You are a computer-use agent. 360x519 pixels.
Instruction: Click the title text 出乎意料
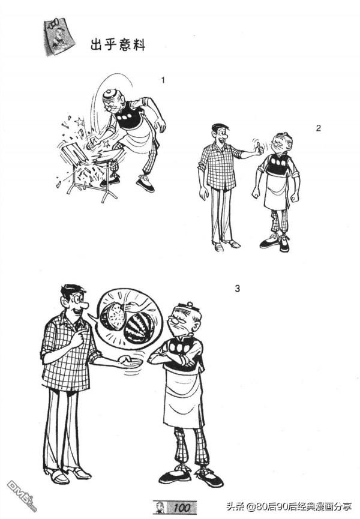pyautogui.click(x=118, y=44)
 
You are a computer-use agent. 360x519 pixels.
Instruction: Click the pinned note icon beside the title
pyautogui.click(x=59, y=37)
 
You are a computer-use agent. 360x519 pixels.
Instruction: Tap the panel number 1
pyautogui.click(x=163, y=80)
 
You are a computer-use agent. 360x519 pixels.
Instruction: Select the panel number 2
pyautogui.click(x=319, y=128)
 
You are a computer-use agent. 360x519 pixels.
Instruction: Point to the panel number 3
pyautogui.click(x=237, y=289)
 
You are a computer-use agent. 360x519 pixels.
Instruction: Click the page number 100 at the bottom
pyautogui.click(x=182, y=508)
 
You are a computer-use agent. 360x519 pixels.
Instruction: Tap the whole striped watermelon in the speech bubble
pyautogui.click(x=140, y=328)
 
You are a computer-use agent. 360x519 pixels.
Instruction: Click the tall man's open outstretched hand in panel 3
pyautogui.click(x=130, y=362)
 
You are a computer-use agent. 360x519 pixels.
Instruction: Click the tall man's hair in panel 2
pyautogui.click(x=220, y=128)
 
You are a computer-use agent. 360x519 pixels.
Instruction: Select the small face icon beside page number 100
pyautogui.click(x=160, y=507)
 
